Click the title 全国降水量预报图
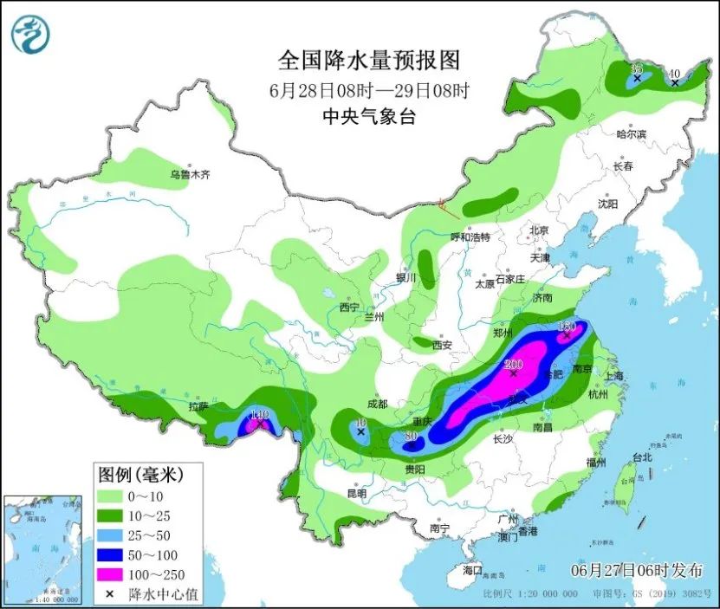point(368,61)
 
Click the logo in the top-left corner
point(30,35)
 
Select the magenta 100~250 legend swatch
point(110,573)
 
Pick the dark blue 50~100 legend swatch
point(110,554)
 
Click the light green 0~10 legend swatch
point(110,496)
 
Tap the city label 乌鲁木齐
point(190,175)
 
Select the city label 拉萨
point(198,406)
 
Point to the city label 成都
point(377,404)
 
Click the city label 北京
point(539,230)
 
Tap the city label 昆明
point(357,493)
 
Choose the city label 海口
point(472,570)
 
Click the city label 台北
point(641,457)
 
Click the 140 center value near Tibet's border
point(259,415)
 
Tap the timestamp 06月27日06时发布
point(637,570)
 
